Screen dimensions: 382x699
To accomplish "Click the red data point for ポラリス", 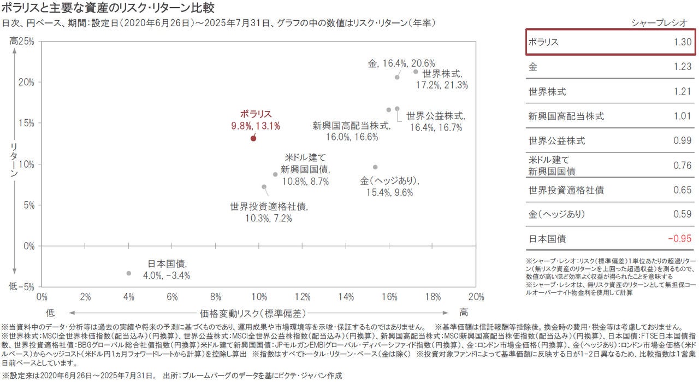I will coord(253,138).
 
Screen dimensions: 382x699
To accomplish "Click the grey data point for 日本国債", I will coord(129,273).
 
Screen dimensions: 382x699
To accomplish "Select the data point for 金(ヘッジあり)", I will coord(375,167).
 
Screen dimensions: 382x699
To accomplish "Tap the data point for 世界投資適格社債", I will coord(264,187).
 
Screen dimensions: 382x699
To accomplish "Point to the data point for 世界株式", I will coord(416,72).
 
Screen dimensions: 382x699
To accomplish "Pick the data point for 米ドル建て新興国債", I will coord(275,174).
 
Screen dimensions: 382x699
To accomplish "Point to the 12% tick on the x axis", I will coord(303,297).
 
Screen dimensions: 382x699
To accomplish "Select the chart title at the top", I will coord(108,8).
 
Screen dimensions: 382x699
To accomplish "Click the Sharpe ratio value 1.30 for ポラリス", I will coord(683,42).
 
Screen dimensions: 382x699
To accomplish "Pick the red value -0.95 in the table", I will coord(680,239).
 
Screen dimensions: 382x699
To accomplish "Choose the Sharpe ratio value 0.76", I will coord(683,166).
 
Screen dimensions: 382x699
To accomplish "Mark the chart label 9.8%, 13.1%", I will coord(256,126).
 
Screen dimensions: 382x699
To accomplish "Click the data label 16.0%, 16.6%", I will coord(352,137).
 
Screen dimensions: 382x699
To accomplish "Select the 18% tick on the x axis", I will coord(433,297).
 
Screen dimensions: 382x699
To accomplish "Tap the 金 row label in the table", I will coord(532,67).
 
